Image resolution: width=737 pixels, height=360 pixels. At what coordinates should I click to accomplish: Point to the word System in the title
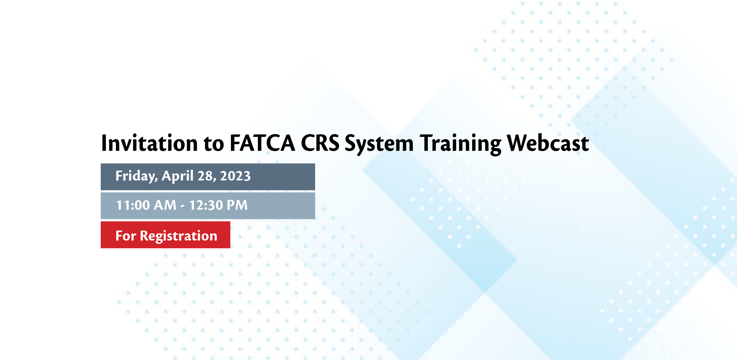(379, 144)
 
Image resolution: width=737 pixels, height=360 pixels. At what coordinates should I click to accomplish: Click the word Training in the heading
(460, 144)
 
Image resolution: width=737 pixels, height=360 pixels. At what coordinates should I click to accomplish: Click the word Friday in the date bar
(136, 176)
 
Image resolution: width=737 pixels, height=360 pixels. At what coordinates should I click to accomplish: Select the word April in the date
(177, 176)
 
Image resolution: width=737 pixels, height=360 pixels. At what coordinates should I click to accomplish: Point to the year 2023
(235, 176)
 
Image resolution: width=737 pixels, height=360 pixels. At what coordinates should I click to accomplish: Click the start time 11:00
(133, 205)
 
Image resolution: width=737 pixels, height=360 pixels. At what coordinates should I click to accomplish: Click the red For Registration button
(165, 235)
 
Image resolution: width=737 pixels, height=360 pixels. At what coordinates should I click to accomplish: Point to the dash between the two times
(183, 206)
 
